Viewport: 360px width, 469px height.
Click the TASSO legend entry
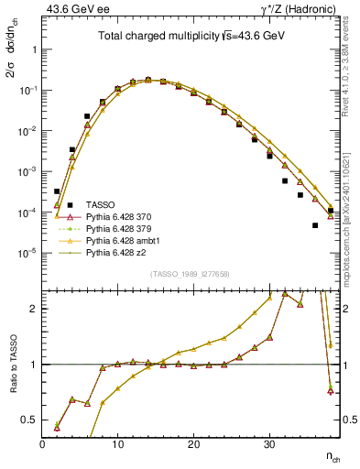[100, 203]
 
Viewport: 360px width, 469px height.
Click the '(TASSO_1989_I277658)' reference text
[190, 274]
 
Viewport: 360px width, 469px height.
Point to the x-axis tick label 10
[117, 444]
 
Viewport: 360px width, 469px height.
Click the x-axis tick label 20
[193, 444]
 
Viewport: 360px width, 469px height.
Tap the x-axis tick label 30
[268, 444]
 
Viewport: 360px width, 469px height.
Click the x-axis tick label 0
[42, 444]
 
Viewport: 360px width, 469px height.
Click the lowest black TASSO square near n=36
[315, 225]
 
